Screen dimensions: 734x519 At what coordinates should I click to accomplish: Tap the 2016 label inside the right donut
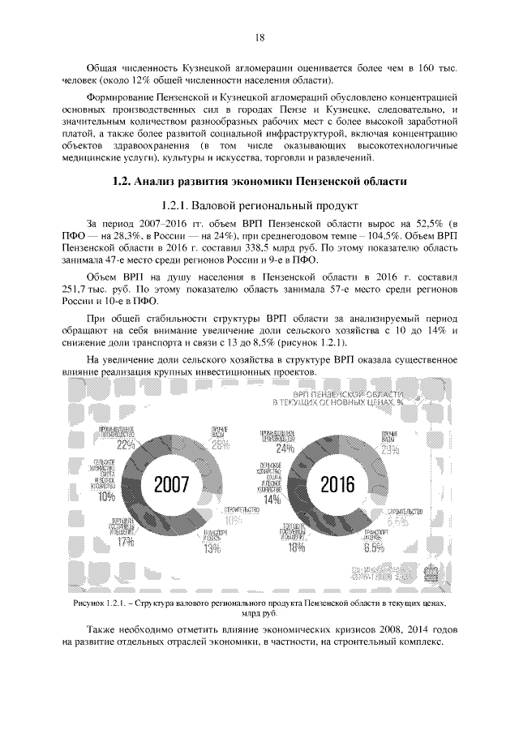pyautogui.click(x=337, y=485)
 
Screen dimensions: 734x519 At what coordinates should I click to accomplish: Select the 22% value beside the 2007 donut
pyautogui.click(x=125, y=444)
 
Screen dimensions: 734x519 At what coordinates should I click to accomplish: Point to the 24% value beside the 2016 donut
pyautogui.click(x=285, y=448)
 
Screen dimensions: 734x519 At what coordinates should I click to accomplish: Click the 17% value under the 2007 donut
pyautogui.click(x=125, y=542)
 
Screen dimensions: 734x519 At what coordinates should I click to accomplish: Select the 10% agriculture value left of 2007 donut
pyautogui.click(x=105, y=497)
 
